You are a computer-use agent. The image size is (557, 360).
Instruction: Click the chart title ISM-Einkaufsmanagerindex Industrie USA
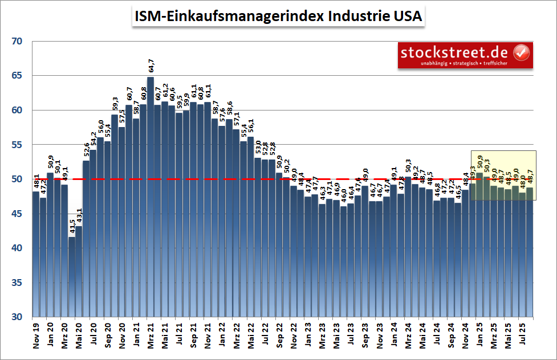(278, 17)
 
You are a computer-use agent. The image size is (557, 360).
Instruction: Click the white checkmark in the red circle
(522, 53)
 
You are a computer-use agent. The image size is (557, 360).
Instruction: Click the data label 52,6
(86, 151)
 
